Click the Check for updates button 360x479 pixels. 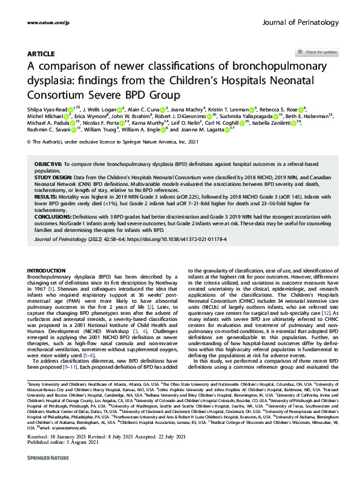[x=316, y=53]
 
